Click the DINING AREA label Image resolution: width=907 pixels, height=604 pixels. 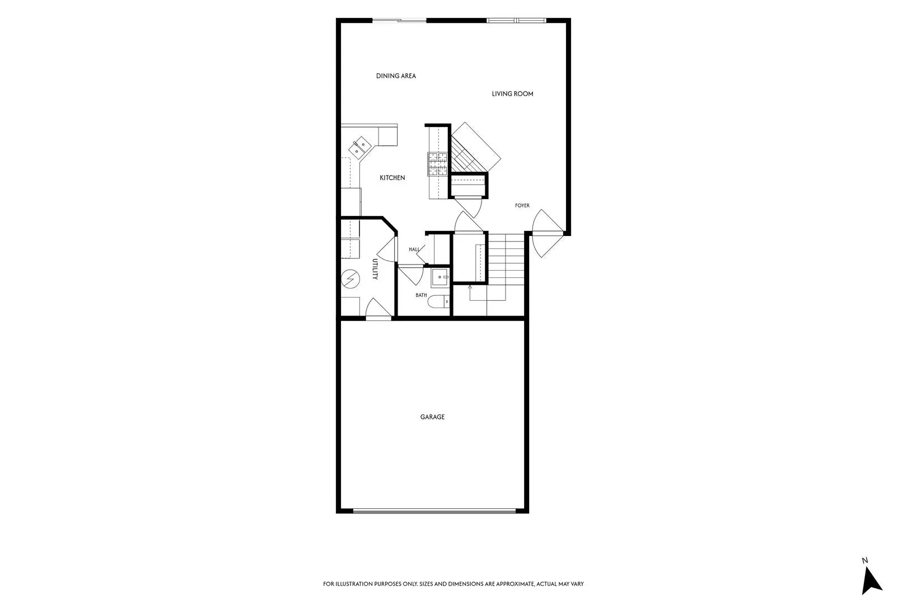(396, 75)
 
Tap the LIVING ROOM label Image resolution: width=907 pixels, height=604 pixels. (512, 93)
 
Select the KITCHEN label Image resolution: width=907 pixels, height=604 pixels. (392, 178)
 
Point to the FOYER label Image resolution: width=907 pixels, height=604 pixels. (522, 205)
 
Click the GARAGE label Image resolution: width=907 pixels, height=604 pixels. (432, 417)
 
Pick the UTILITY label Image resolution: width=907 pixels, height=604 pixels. (375, 269)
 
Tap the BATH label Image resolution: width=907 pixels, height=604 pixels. (421, 295)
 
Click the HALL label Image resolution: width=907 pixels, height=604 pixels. (414, 249)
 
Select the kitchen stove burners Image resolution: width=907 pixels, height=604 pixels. (438, 164)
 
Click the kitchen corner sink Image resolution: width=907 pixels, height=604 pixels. (359, 147)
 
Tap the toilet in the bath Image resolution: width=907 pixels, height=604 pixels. (439, 301)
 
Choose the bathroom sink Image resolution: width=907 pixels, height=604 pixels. (440, 277)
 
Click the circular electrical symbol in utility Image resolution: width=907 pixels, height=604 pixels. (350, 279)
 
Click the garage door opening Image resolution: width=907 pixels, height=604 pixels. (434, 511)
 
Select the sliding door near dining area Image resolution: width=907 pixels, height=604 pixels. (399, 20)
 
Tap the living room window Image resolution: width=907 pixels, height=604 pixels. (516, 20)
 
